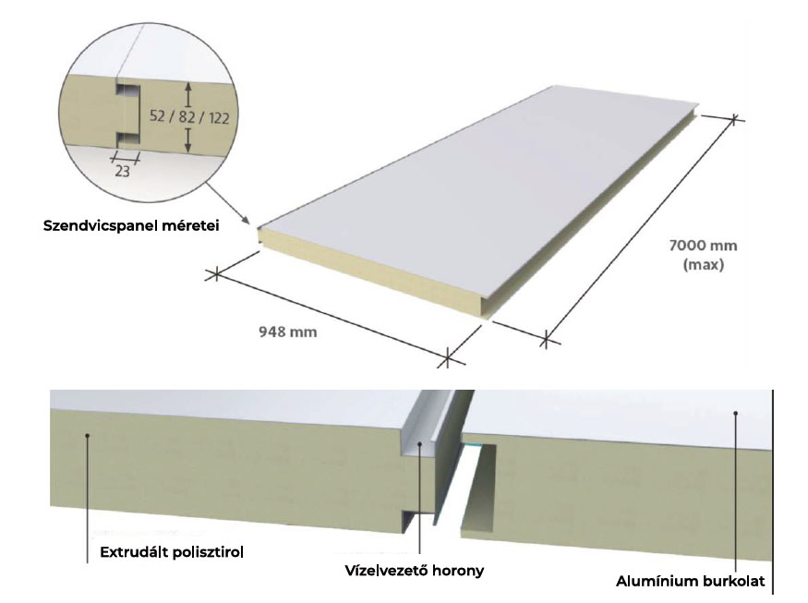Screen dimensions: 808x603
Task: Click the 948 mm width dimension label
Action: [x=287, y=332]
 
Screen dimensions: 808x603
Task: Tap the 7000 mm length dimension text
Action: [x=703, y=246]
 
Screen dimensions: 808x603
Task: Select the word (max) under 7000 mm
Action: [x=704, y=265]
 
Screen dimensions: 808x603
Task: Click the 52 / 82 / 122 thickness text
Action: [x=189, y=117]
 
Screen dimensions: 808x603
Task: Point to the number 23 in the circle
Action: [x=122, y=171]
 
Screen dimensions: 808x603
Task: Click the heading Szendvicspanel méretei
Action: [x=131, y=225]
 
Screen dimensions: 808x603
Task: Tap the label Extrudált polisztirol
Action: [x=172, y=552]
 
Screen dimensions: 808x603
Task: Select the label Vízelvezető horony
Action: [x=415, y=571]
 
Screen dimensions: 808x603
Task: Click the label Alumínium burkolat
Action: [x=691, y=582]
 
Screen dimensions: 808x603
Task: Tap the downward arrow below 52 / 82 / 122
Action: [x=188, y=140]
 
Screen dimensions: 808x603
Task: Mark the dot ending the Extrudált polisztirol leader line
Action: [x=88, y=436]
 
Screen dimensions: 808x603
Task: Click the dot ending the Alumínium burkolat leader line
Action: [x=736, y=413]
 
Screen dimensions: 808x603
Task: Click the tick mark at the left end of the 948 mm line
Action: [x=216, y=274]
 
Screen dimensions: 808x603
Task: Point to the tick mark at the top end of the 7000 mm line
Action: [x=734, y=119]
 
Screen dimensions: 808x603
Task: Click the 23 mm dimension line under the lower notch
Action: [x=127, y=158]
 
